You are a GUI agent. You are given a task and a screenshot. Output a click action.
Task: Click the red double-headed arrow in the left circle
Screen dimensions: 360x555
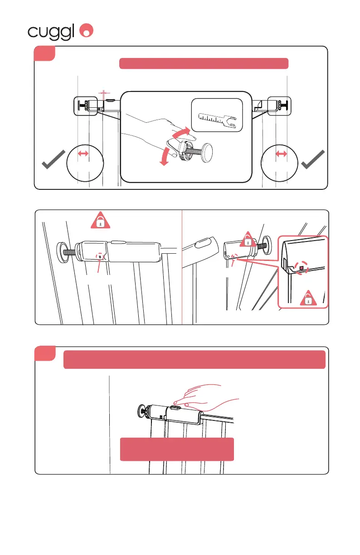(83, 154)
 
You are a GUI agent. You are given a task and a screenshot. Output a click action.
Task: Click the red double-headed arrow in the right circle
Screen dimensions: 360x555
(282, 154)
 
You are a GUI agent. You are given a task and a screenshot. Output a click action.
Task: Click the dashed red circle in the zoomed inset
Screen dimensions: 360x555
(300, 267)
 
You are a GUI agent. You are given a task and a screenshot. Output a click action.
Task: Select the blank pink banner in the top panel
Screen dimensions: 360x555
(204, 63)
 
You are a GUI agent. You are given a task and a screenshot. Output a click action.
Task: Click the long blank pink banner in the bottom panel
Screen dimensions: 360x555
(195, 359)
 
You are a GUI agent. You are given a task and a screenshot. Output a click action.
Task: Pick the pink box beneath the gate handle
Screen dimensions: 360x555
(177, 449)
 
